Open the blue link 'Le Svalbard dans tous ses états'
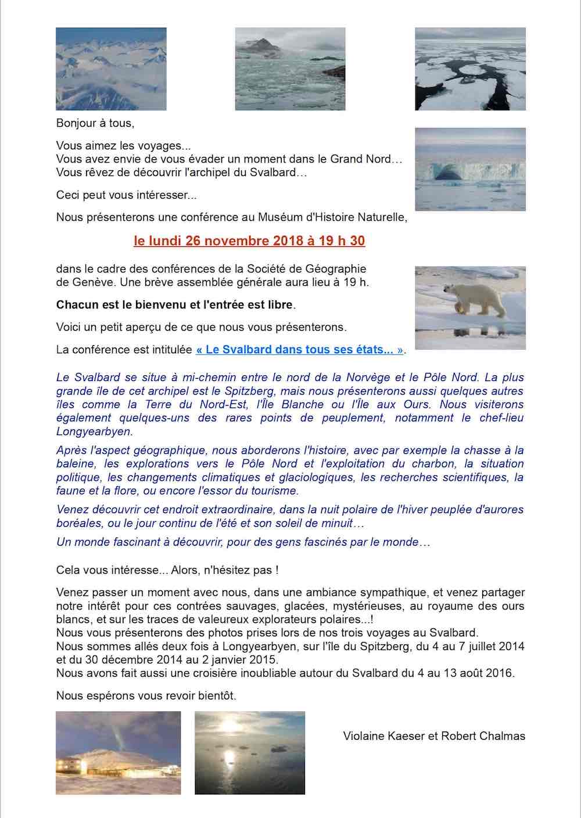pyautogui.click(x=300, y=350)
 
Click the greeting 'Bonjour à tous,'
pyautogui.click(x=95, y=123)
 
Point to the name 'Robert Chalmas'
pyautogui.click(x=483, y=736)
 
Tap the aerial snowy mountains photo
pyautogui.click(x=111, y=69)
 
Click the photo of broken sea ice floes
pyautogui.click(x=470, y=69)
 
